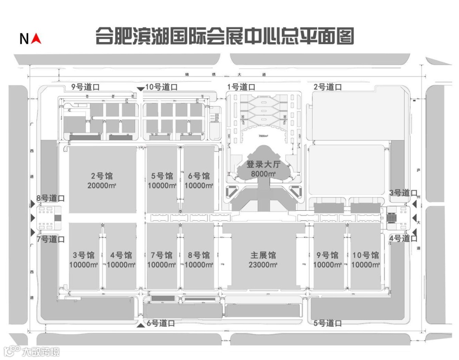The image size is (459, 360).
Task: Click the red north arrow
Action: click(x=37, y=39)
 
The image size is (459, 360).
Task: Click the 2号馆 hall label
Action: click(x=102, y=176)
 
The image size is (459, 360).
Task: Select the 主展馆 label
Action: click(x=263, y=255)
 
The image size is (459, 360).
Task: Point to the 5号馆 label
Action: click(x=162, y=176)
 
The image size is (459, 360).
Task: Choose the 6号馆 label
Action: click(x=199, y=176)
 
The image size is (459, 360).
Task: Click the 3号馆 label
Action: click(x=84, y=255)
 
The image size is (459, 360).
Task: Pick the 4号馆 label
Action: click(x=121, y=255)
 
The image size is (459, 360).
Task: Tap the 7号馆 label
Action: click(x=161, y=255)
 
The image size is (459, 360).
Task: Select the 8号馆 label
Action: click(x=199, y=255)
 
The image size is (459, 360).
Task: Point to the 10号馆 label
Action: click(x=365, y=255)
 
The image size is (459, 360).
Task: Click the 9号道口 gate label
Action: click(x=85, y=87)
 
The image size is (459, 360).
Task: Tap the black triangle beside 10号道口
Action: click(x=140, y=88)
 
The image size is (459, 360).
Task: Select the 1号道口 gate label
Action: click(x=241, y=87)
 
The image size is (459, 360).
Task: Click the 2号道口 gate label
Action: click(x=328, y=87)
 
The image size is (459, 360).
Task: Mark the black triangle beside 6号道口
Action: click(x=141, y=325)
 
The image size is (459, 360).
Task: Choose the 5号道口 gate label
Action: click(x=328, y=323)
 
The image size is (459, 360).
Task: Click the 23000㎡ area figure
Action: click(x=263, y=265)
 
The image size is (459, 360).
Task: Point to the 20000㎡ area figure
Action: click(x=102, y=185)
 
